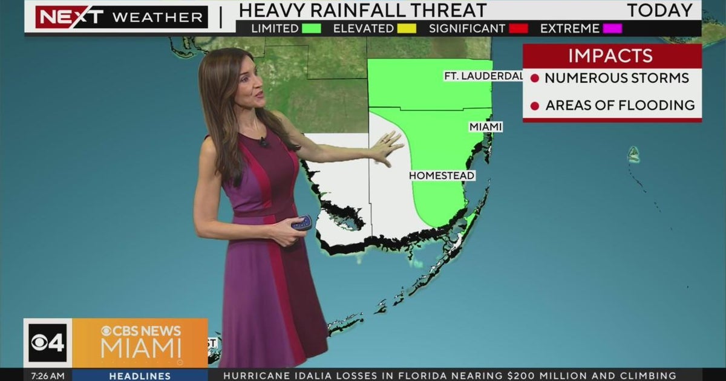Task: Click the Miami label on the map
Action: pyautogui.click(x=486, y=127)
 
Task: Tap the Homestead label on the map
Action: pyautogui.click(x=442, y=175)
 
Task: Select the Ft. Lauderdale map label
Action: pyautogui.click(x=483, y=76)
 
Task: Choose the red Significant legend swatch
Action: pyautogui.click(x=518, y=28)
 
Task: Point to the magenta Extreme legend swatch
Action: pyautogui.click(x=612, y=28)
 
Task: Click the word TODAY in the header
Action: pyautogui.click(x=659, y=10)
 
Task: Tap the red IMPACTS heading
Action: pyautogui.click(x=610, y=56)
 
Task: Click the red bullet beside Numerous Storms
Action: pyautogui.click(x=534, y=79)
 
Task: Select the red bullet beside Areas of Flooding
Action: pyautogui.click(x=534, y=106)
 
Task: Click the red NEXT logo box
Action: pyautogui.click(x=69, y=17)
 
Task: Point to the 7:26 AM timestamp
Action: pyautogui.click(x=48, y=376)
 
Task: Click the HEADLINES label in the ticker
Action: pyautogui.click(x=140, y=376)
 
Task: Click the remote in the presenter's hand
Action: pyautogui.click(x=301, y=223)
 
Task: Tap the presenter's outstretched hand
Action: pyautogui.click(x=387, y=147)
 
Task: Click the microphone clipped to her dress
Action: pyautogui.click(x=264, y=143)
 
